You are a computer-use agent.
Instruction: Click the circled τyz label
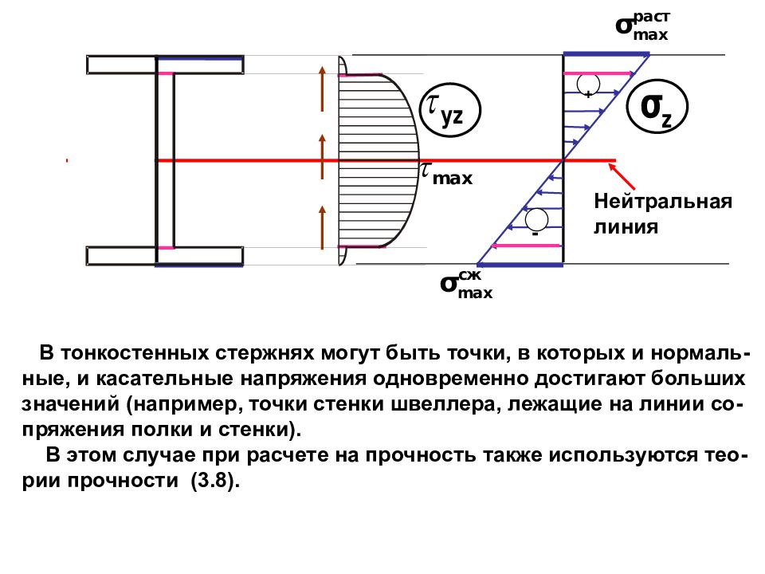450,110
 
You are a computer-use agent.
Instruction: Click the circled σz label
657,107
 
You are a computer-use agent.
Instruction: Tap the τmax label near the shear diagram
446,174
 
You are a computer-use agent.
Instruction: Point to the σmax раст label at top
642,26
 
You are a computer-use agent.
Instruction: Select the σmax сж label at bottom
466,284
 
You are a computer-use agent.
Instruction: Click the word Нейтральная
663,201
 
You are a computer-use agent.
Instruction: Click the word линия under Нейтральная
626,227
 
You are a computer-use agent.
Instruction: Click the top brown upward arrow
322,88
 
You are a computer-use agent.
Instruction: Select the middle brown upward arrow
322,156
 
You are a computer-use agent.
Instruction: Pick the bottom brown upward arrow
322,227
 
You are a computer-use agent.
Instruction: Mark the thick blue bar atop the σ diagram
606,54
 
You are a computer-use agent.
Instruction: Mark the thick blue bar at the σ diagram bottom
520,265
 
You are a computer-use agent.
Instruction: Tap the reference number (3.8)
215,481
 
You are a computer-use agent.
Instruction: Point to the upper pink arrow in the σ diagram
598,73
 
